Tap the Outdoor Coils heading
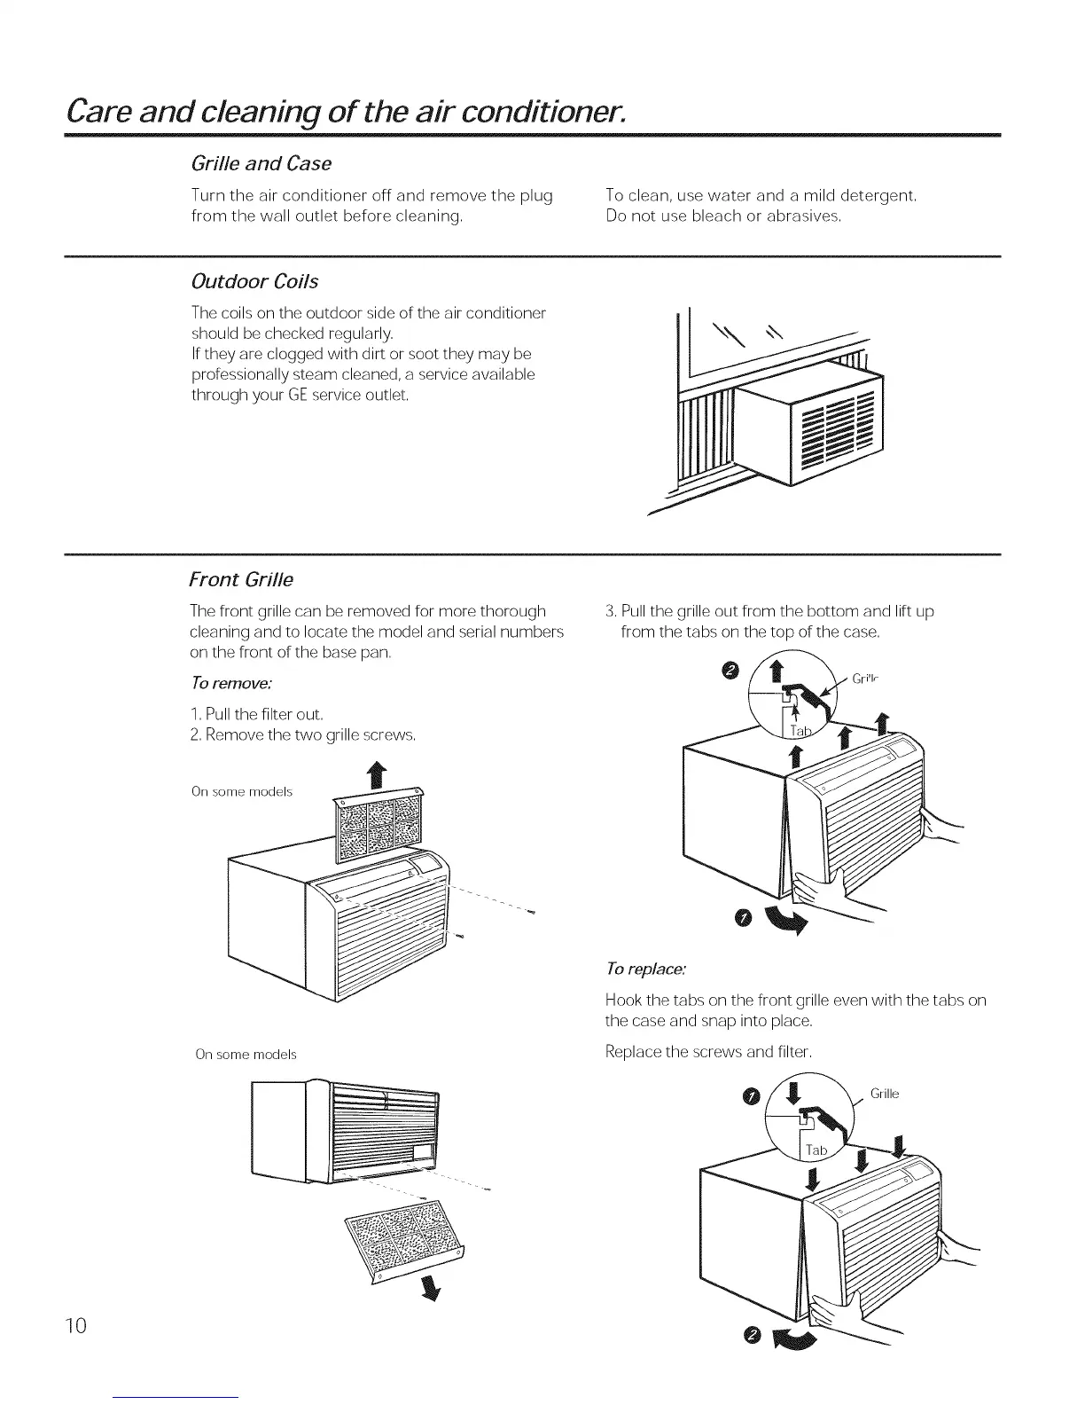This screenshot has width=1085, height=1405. click(254, 282)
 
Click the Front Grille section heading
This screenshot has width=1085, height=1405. click(241, 580)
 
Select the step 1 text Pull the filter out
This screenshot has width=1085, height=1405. click(257, 714)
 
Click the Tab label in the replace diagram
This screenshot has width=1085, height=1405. click(816, 1150)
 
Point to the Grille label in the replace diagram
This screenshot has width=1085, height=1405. click(885, 1094)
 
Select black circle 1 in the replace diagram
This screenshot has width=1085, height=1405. click(750, 1100)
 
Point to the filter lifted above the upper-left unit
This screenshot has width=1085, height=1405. click(376, 825)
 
